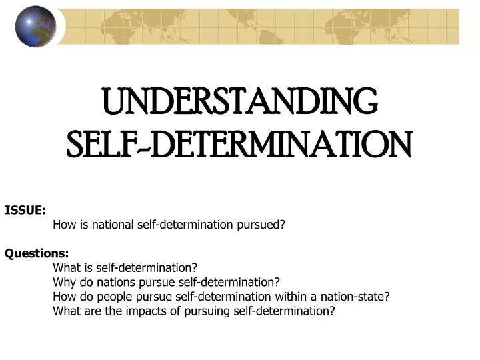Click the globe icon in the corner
point(35,26)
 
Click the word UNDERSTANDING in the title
point(240,102)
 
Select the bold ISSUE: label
point(25,210)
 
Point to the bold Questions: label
point(37,253)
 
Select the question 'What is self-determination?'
point(125,268)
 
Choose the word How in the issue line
point(64,225)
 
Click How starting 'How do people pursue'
point(64,297)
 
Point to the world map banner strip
point(267,27)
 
